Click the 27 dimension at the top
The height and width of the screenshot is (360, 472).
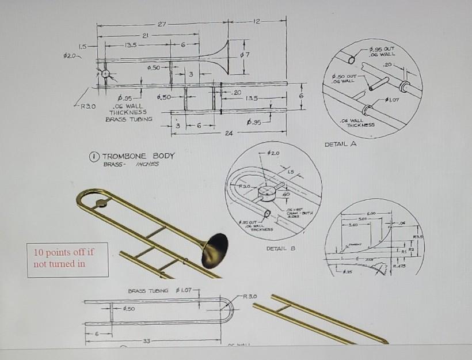coord(162,24)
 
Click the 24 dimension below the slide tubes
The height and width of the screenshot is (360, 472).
coord(230,134)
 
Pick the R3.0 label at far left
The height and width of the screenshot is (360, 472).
coord(88,107)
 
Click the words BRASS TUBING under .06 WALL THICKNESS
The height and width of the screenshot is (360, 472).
coord(130,119)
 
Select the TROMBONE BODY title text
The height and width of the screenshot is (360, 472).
coord(138,156)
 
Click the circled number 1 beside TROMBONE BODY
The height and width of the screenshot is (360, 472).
coord(97,156)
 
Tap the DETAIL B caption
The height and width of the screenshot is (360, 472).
coord(281,249)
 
